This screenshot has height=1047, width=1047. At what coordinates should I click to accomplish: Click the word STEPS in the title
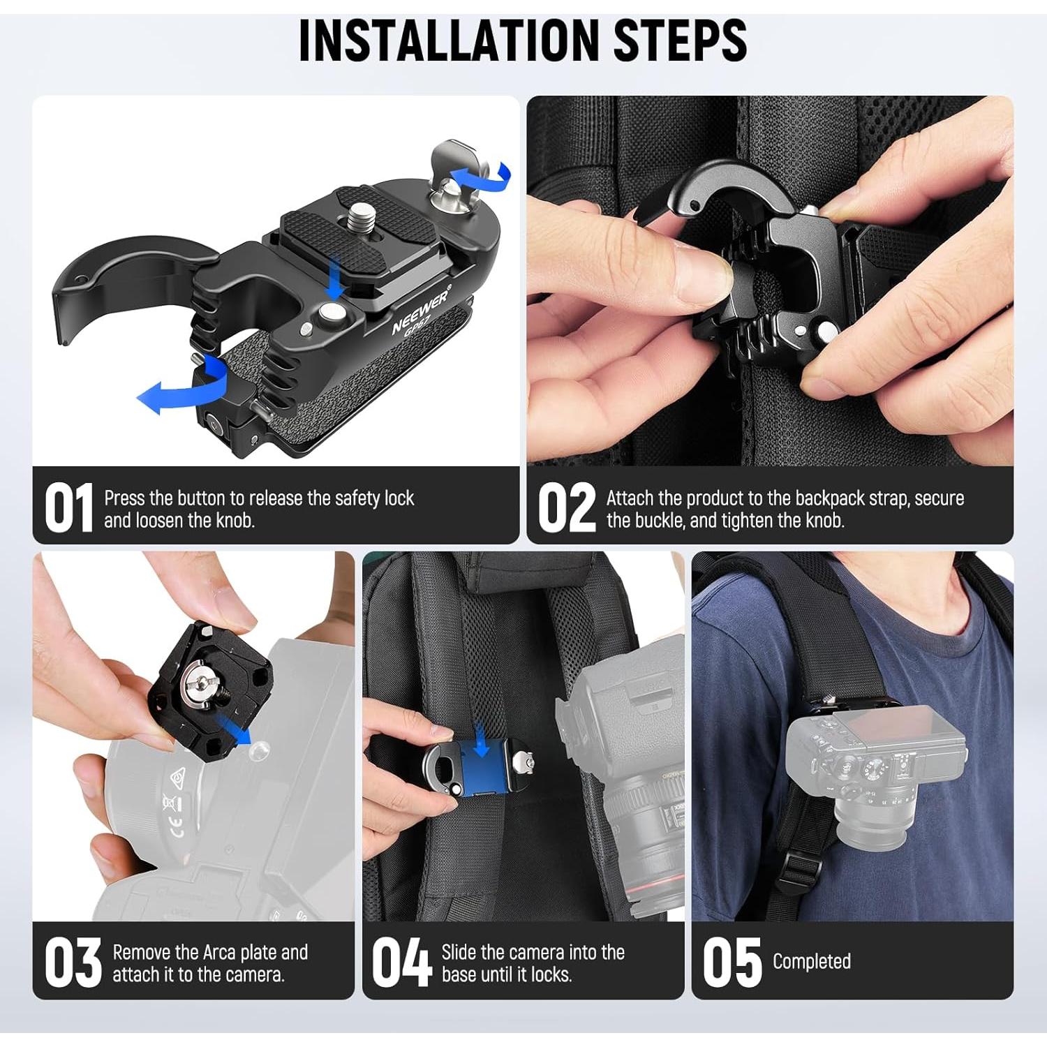click(x=680, y=40)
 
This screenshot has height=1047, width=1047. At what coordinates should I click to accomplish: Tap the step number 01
click(x=68, y=508)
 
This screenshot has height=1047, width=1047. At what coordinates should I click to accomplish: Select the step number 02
click(x=566, y=508)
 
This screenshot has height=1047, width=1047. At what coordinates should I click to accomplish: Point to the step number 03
click(x=72, y=963)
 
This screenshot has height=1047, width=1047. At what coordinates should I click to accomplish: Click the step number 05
click(x=732, y=963)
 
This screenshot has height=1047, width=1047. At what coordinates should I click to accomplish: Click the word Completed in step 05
click(x=811, y=961)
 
